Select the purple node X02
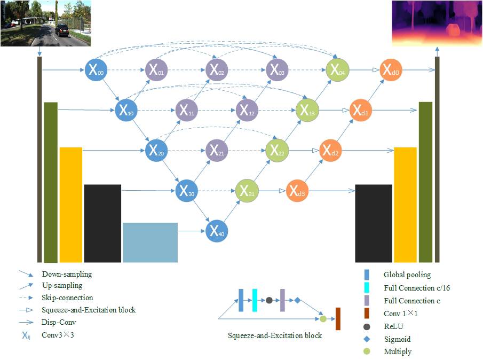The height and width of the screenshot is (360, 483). coord(214,69)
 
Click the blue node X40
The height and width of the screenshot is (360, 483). coord(214,231)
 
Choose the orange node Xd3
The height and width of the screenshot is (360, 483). coord(297,191)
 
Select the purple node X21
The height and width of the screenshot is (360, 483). coord(214,151)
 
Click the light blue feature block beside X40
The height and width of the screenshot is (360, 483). coord(150,242)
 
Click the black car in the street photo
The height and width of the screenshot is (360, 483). coord(62,30)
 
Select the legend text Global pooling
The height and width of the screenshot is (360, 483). coord(407,275)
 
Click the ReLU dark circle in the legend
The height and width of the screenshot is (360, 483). coord(367,326)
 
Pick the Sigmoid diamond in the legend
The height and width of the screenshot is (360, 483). coord(367,339)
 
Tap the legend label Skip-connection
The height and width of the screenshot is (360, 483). coord(67,298)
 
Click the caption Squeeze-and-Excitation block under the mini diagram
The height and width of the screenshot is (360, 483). coord(275,336)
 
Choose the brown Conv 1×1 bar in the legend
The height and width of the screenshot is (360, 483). coord(367,314)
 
